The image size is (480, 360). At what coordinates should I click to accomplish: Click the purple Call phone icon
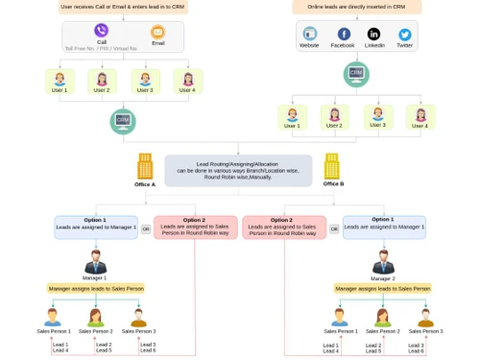[x=101, y=31]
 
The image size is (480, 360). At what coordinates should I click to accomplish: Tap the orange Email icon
[x=157, y=32]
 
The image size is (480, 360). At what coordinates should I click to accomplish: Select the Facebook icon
[x=343, y=34]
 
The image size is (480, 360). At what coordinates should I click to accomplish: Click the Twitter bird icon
[x=404, y=34]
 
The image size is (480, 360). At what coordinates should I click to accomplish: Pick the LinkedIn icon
[x=373, y=34]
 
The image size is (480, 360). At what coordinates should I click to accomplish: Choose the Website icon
[x=309, y=34]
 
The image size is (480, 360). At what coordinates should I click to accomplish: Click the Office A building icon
[x=145, y=166]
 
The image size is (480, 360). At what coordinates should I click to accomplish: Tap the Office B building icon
[x=332, y=166]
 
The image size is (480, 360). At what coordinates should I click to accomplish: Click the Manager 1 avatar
[x=95, y=261]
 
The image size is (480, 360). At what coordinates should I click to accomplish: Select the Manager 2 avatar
[x=383, y=261]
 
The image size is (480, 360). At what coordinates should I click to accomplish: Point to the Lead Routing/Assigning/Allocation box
[x=238, y=171]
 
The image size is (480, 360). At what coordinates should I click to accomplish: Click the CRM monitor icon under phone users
[x=123, y=121]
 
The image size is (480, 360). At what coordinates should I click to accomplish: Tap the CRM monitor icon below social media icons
[x=356, y=73]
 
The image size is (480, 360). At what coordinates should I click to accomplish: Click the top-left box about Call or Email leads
[x=123, y=7]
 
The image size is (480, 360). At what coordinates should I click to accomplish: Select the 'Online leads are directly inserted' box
[x=356, y=7]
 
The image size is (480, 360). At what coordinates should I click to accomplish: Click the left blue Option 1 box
[x=96, y=227]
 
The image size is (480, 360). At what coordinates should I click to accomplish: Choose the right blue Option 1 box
[x=384, y=227]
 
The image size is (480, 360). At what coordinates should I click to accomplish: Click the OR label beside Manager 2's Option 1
[x=334, y=228]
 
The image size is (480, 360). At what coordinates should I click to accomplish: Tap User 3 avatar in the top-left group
[x=144, y=80]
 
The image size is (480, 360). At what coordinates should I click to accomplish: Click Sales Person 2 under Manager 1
[x=96, y=317]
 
